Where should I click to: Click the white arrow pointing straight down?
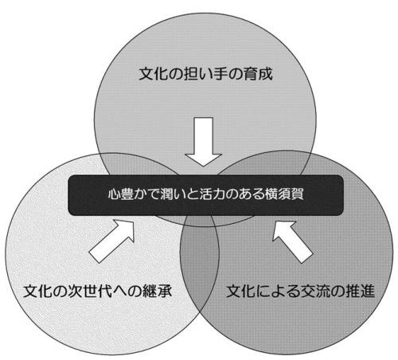(x=204, y=141)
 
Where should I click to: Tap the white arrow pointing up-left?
(x=292, y=241)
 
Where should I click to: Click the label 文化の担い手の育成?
(x=205, y=73)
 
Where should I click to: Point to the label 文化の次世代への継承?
(x=97, y=291)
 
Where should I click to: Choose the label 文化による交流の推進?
(x=300, y=291)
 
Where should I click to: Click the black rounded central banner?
(x=206, y=195)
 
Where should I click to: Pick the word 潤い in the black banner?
(x=173, y=194)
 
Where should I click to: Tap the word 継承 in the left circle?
(x=157, y=291)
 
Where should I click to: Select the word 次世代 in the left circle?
(x=90, y=291)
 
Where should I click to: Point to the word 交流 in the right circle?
(x=315, y=291)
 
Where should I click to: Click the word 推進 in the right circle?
(x=360, y=291)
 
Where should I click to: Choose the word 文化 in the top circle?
(x=154, y=73)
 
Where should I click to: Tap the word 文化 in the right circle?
(x=241, y=291)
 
